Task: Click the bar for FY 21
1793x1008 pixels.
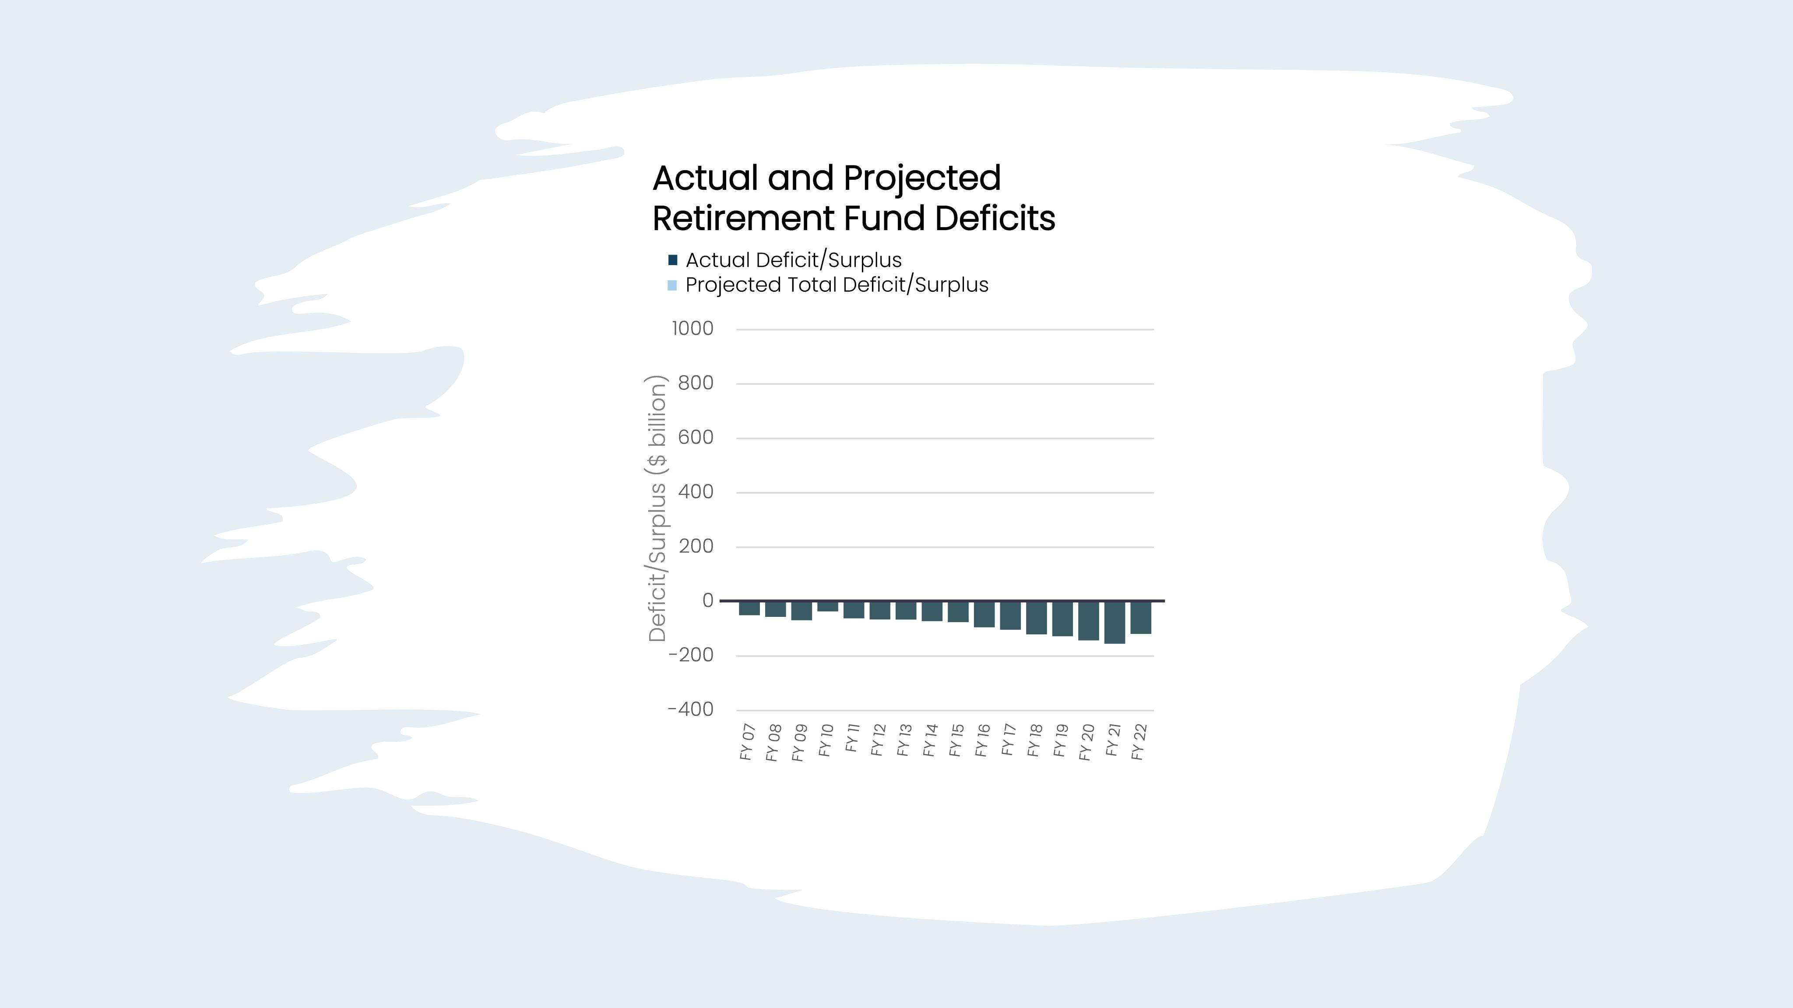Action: point(1114,623)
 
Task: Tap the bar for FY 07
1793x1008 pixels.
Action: point(749,609)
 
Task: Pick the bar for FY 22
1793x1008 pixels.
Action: point(1141,618)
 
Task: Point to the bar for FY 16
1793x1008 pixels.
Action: point(984,614)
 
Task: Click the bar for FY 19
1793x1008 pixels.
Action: point(1062,619)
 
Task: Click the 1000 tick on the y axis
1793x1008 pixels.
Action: point(693,329)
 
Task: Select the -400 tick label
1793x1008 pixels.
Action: point(690,710)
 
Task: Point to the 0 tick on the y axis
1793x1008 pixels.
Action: point(708,600)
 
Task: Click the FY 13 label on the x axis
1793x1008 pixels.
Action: point(904,740)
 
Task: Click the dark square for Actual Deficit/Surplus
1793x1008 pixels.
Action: point(672,260)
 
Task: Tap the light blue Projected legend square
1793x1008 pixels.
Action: point(672,285)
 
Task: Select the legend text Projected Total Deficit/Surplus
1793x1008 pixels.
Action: point(837,285)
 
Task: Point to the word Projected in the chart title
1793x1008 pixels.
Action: point(922,178)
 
